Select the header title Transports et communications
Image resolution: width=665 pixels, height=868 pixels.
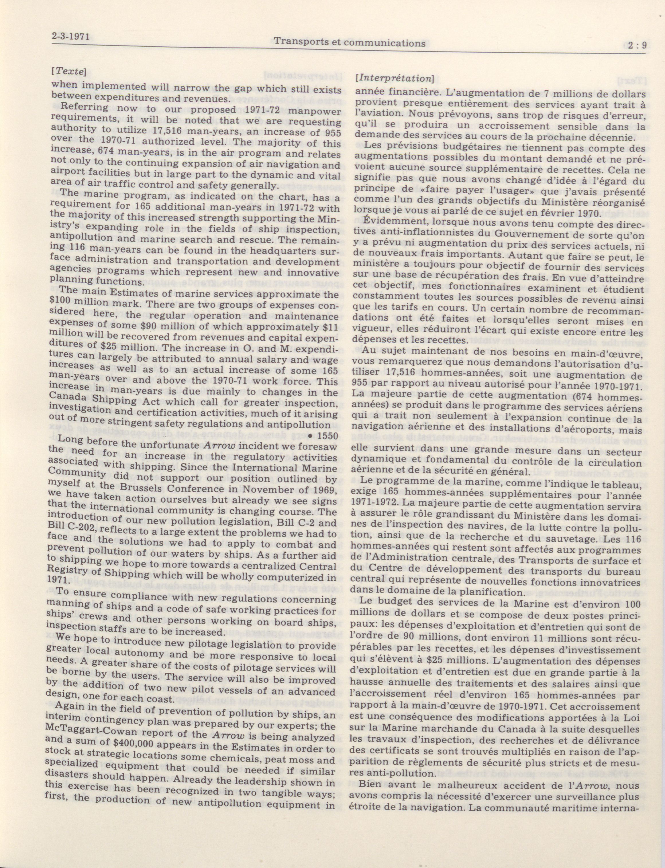(350, 42)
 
